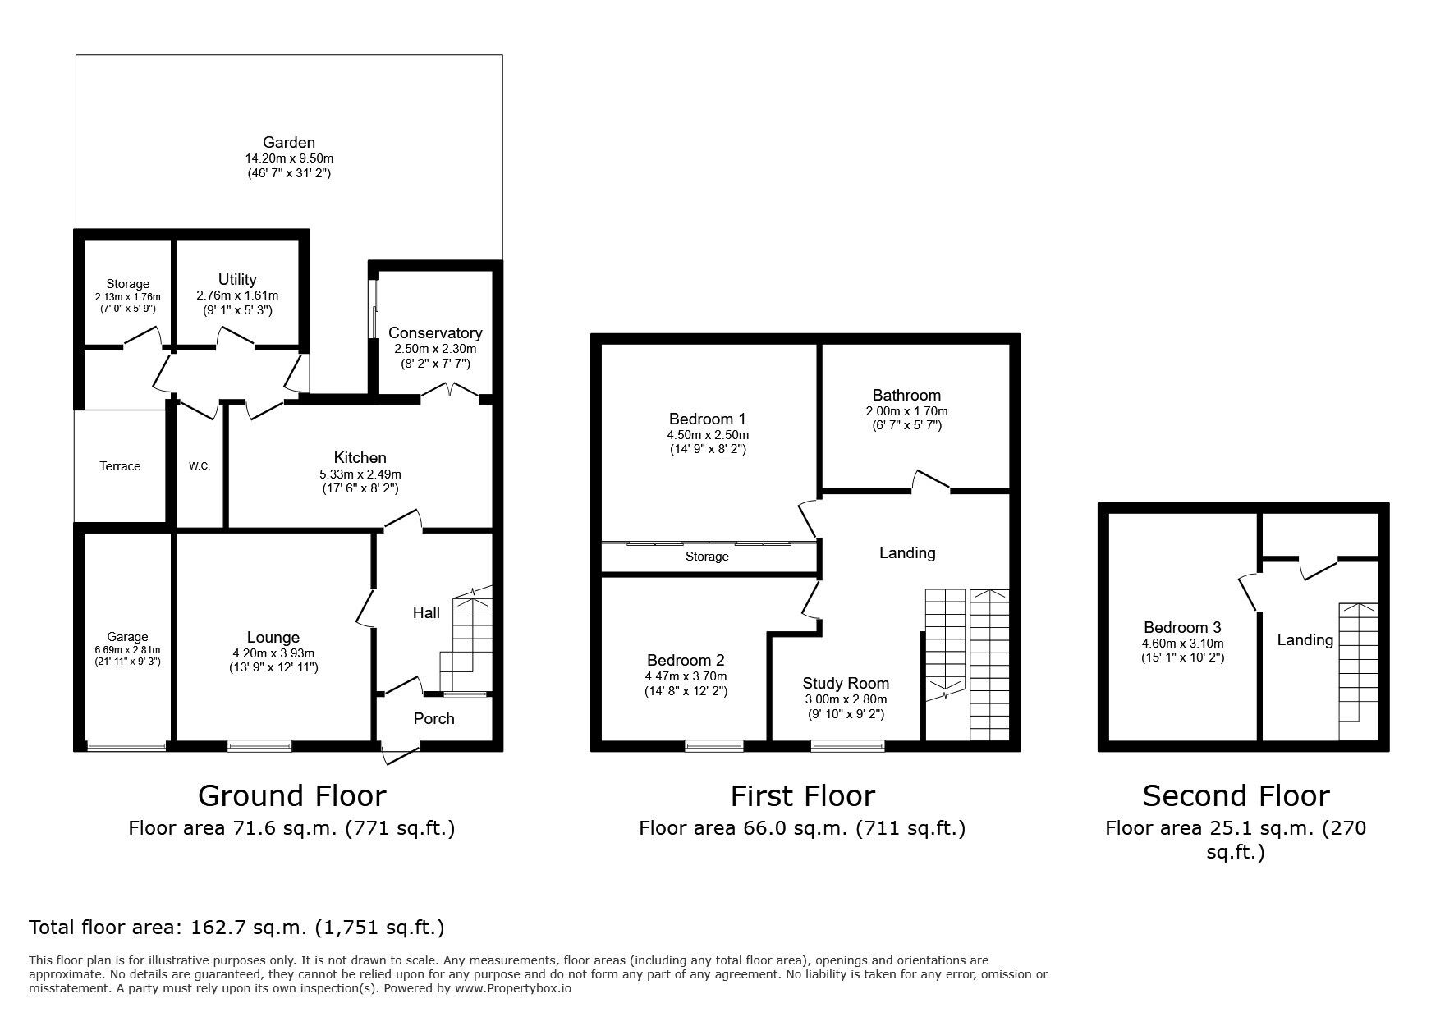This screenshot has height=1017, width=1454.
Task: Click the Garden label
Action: [289, 142]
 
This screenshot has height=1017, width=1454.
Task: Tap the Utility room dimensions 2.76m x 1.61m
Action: [237, 295]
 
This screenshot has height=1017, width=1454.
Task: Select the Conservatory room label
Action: [435, 332]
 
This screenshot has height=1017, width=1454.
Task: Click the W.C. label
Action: [200, 466]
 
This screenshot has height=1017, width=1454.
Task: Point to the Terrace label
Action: [120, 466]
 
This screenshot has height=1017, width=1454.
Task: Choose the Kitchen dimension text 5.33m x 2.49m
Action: [360, 474]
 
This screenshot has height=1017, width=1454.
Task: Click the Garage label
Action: [127, 636]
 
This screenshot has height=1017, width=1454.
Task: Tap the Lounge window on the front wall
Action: [259, 745]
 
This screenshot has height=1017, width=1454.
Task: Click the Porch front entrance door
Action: [400, 754]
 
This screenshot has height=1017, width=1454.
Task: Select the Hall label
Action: [426, 612]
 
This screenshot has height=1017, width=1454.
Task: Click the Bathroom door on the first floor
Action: [930, 483]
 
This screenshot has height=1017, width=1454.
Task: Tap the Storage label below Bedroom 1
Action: [707, 557]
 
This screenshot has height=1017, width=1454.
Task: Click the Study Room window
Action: [847, 745]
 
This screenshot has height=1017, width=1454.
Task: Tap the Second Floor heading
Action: [1236, 795]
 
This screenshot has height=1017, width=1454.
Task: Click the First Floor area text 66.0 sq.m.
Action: [801, 828]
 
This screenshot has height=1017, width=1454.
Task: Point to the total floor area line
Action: [236, 928]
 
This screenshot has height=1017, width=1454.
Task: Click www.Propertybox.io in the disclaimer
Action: [513, 988]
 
